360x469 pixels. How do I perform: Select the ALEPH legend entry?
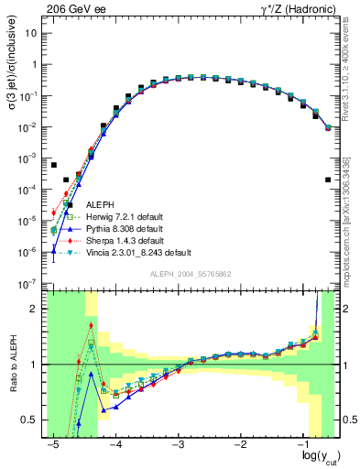[101, 204]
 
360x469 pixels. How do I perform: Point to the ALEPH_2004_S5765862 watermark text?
[191, 275]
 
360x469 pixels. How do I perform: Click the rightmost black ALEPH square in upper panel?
[328, 180]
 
